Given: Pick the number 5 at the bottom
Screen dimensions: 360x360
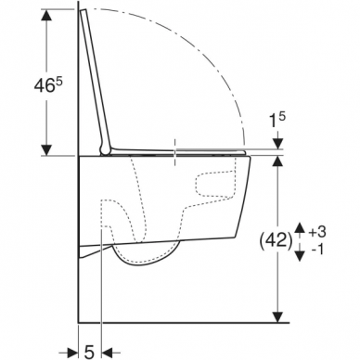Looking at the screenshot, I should coord(88,351).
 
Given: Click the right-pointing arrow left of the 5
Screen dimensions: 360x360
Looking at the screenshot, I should coord(71,351).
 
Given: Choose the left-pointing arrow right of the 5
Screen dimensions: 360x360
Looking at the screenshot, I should coord(108,351).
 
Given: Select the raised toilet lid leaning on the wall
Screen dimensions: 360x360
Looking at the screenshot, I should coord(92,74).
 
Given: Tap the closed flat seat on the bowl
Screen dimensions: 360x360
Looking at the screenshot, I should coord(186,151).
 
